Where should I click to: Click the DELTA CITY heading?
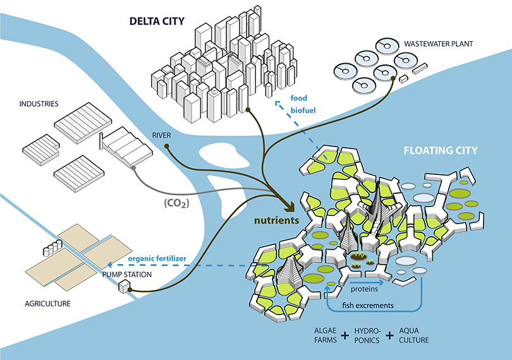[x=157, y=21]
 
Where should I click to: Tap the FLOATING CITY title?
[x=441, y=150]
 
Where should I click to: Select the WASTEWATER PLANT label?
[x=438, y=44]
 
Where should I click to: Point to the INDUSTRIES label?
[x=39, y=104]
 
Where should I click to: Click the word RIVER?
[x=161, y=135]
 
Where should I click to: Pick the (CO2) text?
[x=176, y=203]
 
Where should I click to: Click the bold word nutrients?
[x=277, y=220]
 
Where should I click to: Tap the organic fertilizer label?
[x=157, y=259]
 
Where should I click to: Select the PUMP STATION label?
[x=127, y=275]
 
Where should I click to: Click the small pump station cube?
[x=124, y=287]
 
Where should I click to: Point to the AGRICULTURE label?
[x=47, y=304]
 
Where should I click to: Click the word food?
[x=299, y=98]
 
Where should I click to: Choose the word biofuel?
[x=303, y=111]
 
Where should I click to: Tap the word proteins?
[x=364, y=289]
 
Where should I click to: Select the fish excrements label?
[x=368, y=306]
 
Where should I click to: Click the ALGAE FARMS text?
[x=326, y=335]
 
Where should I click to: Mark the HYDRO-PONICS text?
[x=367, y=335]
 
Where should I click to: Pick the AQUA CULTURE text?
[x=414, y=335]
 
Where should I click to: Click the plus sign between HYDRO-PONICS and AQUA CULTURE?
[x=389, y=335]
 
